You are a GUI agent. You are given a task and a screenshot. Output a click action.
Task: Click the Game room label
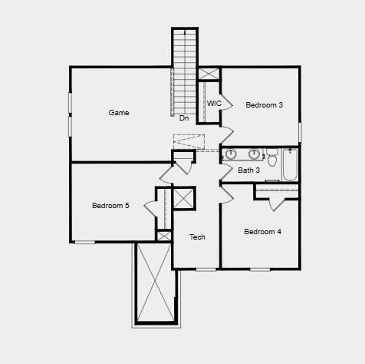tap(119, 113)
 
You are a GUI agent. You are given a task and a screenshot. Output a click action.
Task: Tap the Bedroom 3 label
tap(265, 105)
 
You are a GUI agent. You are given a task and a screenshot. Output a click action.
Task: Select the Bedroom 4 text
tap(262, 232)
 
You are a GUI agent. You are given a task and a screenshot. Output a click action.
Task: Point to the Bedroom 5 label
tap(110, 206)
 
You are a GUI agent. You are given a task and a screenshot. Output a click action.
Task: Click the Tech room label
tap(197, 237)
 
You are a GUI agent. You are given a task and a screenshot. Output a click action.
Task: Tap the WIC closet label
tap(214, 104)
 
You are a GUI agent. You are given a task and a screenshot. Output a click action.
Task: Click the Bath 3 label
tap(248, 170)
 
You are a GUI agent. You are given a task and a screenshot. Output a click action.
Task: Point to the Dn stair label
tap(184, 118)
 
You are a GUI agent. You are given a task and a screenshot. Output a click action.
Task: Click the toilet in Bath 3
tap(272, 157)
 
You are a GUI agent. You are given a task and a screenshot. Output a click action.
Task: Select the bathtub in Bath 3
tap(290, 164)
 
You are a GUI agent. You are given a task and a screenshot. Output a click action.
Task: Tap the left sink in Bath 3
tap(231, 154)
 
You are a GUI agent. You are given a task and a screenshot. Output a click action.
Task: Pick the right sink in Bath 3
tap(254, 154)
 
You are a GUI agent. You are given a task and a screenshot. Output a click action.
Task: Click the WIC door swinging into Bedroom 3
tap(226, 103)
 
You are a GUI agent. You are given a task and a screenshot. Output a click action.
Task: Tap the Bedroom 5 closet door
tap(150, 208)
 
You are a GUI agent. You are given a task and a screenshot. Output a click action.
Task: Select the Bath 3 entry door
tap(226, 172)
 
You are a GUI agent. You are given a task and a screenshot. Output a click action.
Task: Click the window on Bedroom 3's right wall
tap(300, 132)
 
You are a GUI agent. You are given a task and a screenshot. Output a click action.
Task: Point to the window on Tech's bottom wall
tap(206, 270)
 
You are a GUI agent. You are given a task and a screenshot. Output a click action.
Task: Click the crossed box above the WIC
tap(209, 74)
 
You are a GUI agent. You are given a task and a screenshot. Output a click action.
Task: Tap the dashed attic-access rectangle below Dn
tap(189, 142)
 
